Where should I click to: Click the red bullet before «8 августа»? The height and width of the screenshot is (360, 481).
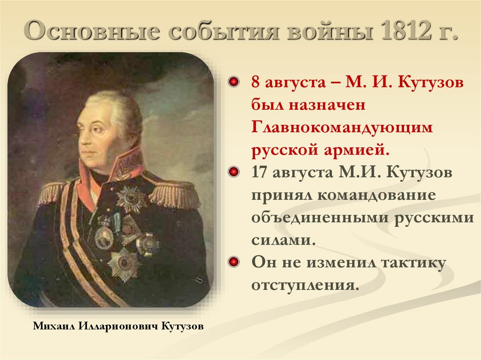233,83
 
